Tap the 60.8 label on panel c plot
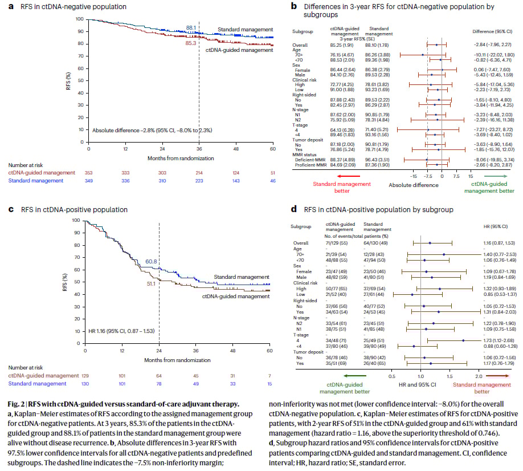click(x=150, y=262)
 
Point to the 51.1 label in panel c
click(x=152, y=283)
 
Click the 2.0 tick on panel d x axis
click(x=479, y=376)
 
